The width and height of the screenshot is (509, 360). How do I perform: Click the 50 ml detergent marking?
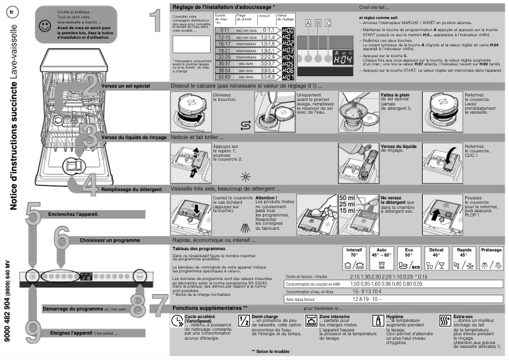(347, 197)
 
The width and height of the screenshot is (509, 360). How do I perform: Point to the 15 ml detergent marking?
(347, 210)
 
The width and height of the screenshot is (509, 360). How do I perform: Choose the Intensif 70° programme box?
(355, 258)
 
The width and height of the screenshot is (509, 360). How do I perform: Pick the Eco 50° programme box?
(410, 258)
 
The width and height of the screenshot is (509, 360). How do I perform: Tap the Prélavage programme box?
(492, 258)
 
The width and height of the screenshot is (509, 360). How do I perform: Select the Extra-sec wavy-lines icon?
(444, 321)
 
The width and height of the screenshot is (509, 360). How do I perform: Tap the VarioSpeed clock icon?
(177, 321)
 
